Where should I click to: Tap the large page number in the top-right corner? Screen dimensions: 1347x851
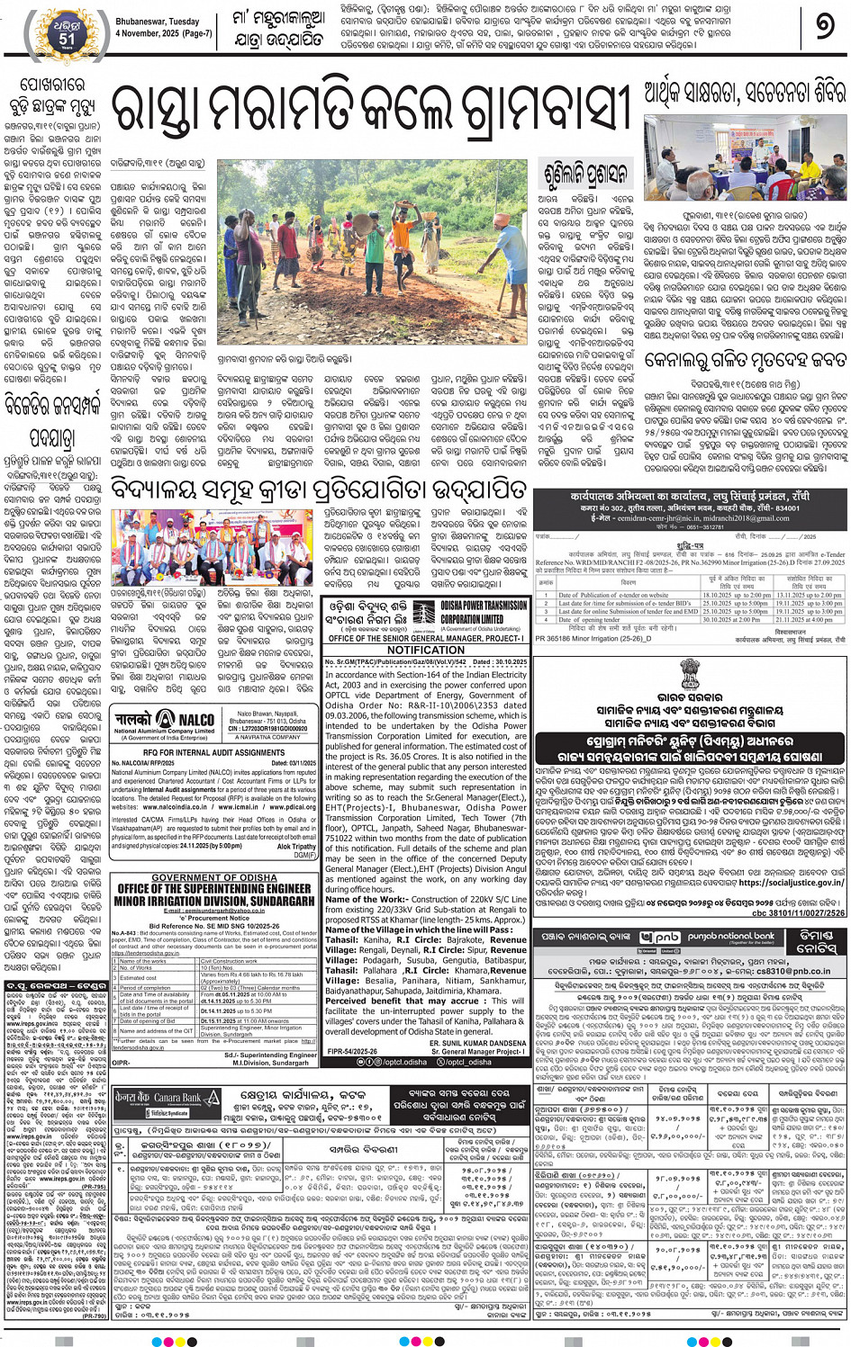tap(824, 27)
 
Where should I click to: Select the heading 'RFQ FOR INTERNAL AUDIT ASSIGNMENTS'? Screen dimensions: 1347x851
tap(213, 752)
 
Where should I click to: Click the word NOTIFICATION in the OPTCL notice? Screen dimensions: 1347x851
tap(426, 649)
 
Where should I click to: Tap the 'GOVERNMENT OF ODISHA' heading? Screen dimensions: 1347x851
tap(213, 877)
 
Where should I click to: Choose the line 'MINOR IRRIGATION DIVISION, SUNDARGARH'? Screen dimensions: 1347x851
tap(213, 901)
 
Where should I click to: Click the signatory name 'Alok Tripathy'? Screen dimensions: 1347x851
tap(296, 847)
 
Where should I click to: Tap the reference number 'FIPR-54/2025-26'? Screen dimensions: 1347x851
tap(352, 1050)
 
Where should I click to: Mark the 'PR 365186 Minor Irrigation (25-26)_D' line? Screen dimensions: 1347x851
tap(593, 639)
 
